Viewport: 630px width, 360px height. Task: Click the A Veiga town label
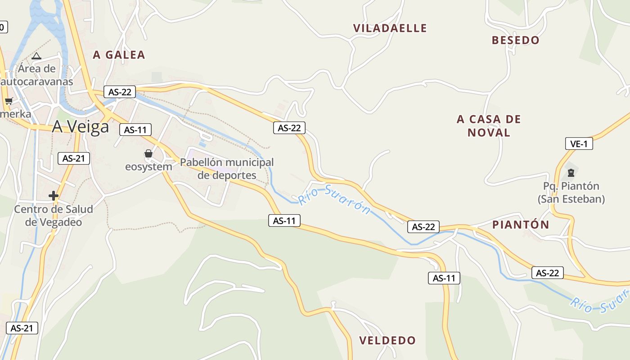coord(81,127)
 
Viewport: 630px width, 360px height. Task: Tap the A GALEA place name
coord(119,55)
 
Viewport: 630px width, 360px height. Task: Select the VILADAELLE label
coord(390,28)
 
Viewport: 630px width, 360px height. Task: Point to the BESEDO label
coord(515,40)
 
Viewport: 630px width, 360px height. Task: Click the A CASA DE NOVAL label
coord(489,126)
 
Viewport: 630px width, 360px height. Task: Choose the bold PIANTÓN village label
coord(521,225)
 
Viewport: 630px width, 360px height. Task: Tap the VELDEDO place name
coord(387,340)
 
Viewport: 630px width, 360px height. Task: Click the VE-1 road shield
coord(579,144)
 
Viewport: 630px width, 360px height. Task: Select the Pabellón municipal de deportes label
coord(227,168)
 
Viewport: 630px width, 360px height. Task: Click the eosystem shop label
coord(148,166)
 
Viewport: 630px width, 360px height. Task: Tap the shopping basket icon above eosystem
coord(148,154)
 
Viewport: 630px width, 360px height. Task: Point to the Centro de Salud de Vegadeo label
coord(54,216)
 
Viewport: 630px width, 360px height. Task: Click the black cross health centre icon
coord(54,196)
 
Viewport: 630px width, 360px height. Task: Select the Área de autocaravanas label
coord(37,75)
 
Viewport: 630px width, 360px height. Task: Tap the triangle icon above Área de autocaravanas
coord(36,56)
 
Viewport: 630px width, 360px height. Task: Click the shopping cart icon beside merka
coord(9,101)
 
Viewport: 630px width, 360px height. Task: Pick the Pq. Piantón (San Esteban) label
coord(571,193)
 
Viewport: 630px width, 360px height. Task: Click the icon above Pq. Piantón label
coord(571,172)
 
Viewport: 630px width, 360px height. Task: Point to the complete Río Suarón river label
coord(335,199)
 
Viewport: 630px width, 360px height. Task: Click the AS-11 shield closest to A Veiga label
coord(135,130)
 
